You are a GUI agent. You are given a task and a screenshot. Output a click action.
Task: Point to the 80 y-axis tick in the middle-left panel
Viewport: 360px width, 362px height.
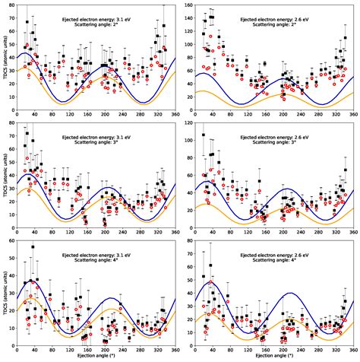(x=11, y=122)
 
